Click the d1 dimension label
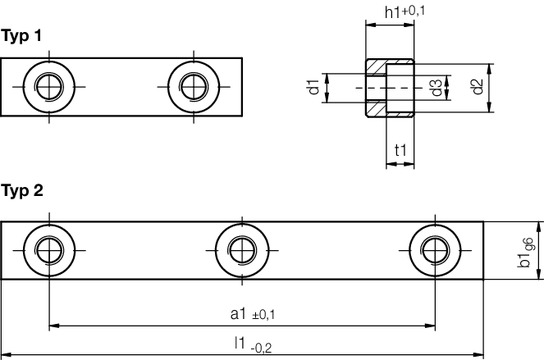pos(314,87)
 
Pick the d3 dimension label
pos(437,87)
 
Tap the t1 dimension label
pos(401,151)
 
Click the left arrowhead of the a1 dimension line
pos(52,325)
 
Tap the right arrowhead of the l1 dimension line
pos(480,354)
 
